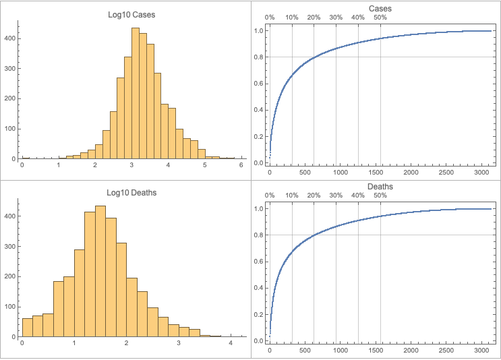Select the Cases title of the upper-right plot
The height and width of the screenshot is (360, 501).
click(380, 8)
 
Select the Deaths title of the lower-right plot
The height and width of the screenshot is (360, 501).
click(380, 186)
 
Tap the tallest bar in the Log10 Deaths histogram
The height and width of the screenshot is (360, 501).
click(100, 271)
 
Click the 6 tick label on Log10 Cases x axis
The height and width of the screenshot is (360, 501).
click(241, 165)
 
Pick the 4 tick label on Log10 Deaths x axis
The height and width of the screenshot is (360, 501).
click(231, 343)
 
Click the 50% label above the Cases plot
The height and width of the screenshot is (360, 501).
click(380, 18)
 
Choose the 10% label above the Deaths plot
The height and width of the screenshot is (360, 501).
click(292, 196)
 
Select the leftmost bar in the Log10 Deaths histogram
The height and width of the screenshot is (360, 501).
click(27, 328)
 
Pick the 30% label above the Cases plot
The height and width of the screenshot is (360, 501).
click(336, 18)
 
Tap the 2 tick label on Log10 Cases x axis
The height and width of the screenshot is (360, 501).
click(95, 165)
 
